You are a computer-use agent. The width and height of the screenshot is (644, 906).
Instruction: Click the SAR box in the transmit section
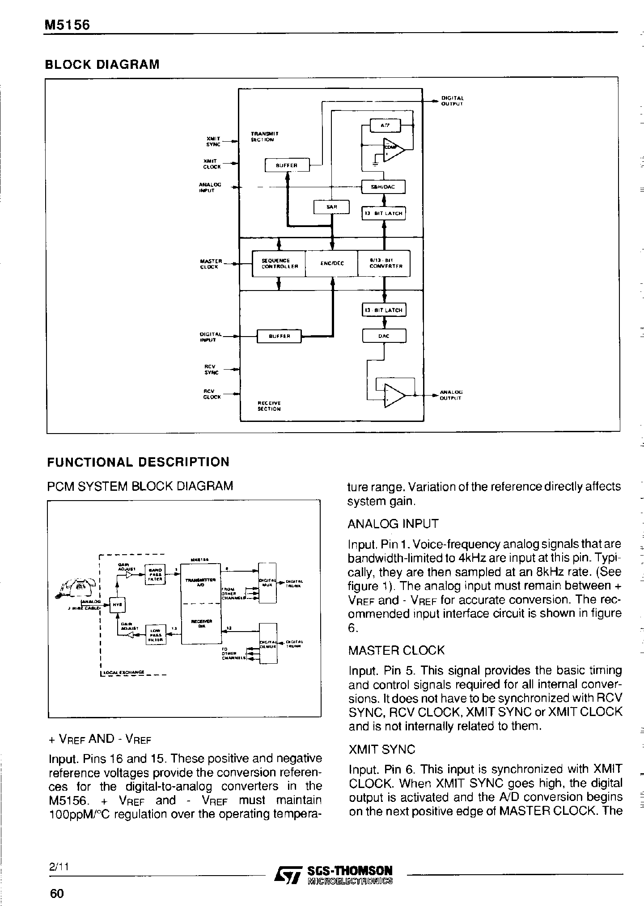pyautogui.click(x=331, y=207)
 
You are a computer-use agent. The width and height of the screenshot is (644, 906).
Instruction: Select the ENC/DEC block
pyautogui.click(x=332, y=263)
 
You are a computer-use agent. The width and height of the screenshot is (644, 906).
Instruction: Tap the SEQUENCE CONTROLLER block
pyautogui.click(x=279, y=263)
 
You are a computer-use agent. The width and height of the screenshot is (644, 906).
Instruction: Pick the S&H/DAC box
pyautogui.click(x=383, y=187)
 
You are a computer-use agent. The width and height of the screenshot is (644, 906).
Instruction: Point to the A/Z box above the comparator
pyautogui.click(x=386, y=126)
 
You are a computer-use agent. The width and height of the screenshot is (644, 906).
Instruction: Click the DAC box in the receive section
pyautogui.click(x=384, y=336)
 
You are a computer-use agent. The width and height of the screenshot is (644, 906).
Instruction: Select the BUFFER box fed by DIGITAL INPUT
pyautogui.click(x=279, y=336)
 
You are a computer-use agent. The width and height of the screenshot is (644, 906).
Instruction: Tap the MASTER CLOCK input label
pyautogui.click(x=211, y=264)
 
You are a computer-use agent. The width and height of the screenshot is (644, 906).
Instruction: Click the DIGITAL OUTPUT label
pyautogui.click(x=452, y=101)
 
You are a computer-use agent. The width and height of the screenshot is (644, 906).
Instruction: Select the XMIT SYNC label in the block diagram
pyautogui.click(x=213, y=141)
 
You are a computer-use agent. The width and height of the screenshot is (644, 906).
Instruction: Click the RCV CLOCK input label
pyautogui.click(x=212, y=394)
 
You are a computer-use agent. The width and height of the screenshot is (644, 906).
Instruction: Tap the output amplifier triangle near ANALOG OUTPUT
pyautogui.click(x=394, y=396)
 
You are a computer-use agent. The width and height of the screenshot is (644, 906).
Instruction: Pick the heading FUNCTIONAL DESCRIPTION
pyautogui.click(x=138, y=462)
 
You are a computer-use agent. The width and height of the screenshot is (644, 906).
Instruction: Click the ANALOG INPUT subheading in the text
pyautogui.click(x=393, y=523)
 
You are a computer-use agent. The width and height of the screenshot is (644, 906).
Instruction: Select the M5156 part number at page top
pyautogui.click(x=67, y=25)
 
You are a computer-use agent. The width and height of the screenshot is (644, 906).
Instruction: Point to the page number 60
pyautogui.click(x=57, y=893)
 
